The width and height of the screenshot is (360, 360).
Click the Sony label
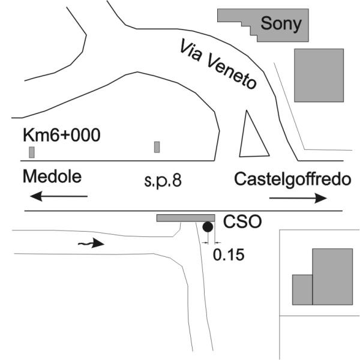[281, 23]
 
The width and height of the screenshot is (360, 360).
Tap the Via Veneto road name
[218, 64]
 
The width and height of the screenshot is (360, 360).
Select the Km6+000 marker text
[62, 135]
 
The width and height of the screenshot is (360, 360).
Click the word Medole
[52, 176]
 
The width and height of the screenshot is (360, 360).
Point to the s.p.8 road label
[163, 181]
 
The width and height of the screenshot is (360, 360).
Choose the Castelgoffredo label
[293, 179]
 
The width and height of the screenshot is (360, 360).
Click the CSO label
[242, 221]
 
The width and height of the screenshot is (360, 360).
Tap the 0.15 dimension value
[229, 254]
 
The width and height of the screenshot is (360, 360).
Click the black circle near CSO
[208, 227]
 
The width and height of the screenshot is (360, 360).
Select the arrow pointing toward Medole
[59, 196]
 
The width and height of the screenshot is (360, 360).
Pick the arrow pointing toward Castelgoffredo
[298, 198]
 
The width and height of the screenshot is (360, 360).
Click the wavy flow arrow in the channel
[91, 243]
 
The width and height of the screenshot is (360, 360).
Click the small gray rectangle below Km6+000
[32, 152]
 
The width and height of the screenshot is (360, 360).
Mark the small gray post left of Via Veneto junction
[157, 147]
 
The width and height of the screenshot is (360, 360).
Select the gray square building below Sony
[319, 76]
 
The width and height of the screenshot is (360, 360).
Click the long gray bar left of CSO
[186, 218]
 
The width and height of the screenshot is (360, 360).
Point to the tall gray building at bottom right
[332, 277]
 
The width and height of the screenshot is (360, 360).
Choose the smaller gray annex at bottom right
[302, 290]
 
